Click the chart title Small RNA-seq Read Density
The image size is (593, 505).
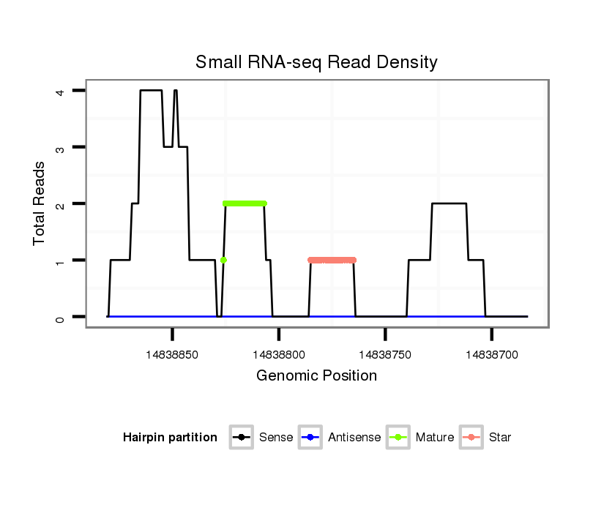pyautogui.click(x=316, y=62)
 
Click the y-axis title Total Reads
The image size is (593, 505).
pyautogui.click(x=40, y=203)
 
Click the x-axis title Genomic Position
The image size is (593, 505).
pyautogui.click(x=316, y=376)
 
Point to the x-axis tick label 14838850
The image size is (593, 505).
pyautogui.click(x=172, y=354)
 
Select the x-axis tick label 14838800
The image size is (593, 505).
pyautogui.click(x=279, y=354)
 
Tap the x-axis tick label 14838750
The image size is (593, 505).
pyautogui.click(x=385, y=354)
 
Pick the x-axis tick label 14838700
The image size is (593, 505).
pyautogui.click(x=492, y=354)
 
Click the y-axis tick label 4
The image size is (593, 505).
pyautogui.click(x=64, y=91)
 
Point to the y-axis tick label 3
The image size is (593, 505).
pyautogui.click(x=64, y=148)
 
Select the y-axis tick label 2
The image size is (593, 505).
pyautogui.click(x=64, y=204)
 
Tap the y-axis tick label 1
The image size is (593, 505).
pyautogui.click(x=64, y=261)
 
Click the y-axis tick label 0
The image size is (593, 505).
pyautogui.click(x=64, y=317)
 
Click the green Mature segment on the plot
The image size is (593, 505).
pyautogui.click(x=245, y=203)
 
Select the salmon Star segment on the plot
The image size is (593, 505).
pyautogui.click(x=332, y=260)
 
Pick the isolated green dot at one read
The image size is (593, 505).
pyautogui.click(x=223, y=260)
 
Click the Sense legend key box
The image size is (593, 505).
pyautogui.click(x=242, y=438)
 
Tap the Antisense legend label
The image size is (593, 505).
pyautogui.click(x=354, y=438)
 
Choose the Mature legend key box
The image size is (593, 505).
pyautogui.click(x=398, y=438)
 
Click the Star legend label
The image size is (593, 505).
pyautogui.click(x=500, y=438)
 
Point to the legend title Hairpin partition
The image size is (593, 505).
pyautogui.click(x=170, y=438)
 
